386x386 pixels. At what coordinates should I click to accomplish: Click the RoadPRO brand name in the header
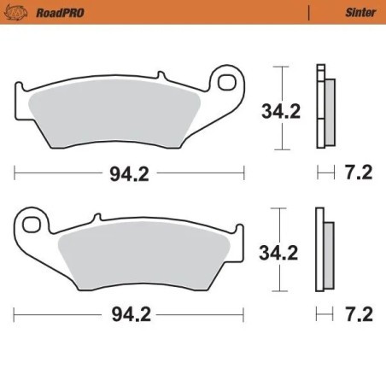pos(56,13)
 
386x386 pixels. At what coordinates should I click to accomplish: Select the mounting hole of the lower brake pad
pos(32,225)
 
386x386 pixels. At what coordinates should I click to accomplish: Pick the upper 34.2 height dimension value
pos(279,110)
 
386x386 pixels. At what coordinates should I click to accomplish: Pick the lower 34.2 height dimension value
pos(279,252)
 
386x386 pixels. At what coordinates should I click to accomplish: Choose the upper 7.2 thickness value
pos(360,173)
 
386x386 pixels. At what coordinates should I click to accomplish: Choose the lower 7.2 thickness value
pos(360,315)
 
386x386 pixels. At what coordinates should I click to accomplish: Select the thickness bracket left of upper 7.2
pos(324,173)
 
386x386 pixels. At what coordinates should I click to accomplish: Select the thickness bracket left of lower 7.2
pos(324,315)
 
